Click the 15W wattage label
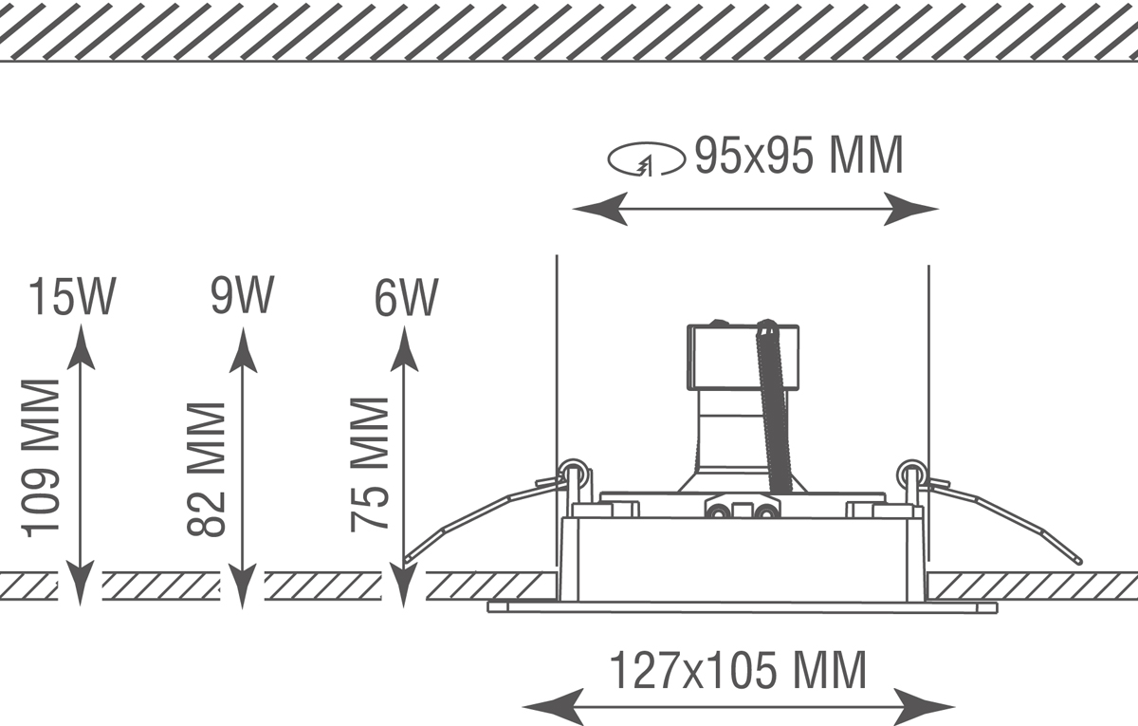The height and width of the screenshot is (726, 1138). (72, 297)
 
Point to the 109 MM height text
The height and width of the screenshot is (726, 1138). (43, 457)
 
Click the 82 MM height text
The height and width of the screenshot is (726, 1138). (207, 469)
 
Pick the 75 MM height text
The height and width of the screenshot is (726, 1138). (370, 464)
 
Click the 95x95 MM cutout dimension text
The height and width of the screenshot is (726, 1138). (798, 156)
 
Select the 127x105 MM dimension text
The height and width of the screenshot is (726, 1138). (737, 671)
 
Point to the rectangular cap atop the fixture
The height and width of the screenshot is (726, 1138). (743, 356)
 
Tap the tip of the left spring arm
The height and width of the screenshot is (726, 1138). (406, 561)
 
